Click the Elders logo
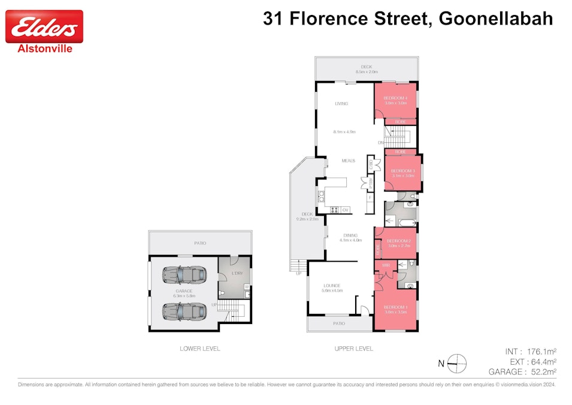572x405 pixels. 44,26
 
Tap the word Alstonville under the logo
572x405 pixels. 45,49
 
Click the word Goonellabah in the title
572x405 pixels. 496,19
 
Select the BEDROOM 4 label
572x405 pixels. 395,98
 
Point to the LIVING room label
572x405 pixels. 341,104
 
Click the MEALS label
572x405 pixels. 348,161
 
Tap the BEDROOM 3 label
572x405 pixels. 402,171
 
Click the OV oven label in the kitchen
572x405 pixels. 346,209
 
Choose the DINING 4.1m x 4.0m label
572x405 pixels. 350,238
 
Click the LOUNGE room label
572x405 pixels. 332,286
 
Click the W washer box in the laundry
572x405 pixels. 247,286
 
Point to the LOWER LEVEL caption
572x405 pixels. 199,349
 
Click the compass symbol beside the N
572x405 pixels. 458,361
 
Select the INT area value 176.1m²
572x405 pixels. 538,352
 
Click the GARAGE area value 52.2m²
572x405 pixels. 538,372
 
